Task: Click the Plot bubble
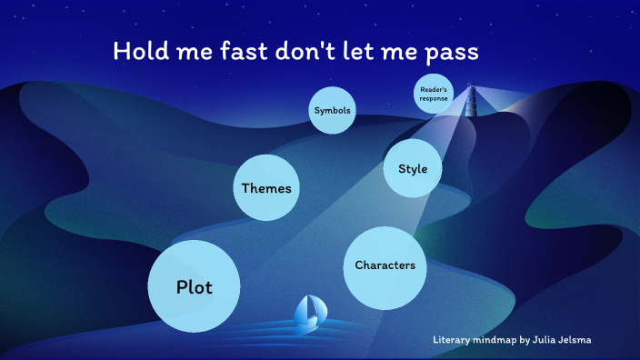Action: click(194, 286)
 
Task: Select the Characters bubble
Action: click(385, 265)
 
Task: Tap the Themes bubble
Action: click(266, 188)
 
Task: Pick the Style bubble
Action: click(412, 168)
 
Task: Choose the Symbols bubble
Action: click(331, 111)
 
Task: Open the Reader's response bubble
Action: click(433, 94)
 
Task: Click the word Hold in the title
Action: click(136, 51)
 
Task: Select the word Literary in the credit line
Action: click(453, 340)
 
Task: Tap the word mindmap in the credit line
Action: click(498, 340)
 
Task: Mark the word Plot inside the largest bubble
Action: click(194, 287)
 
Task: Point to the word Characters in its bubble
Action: click(385, 265)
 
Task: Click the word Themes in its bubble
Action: click(266, 188)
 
